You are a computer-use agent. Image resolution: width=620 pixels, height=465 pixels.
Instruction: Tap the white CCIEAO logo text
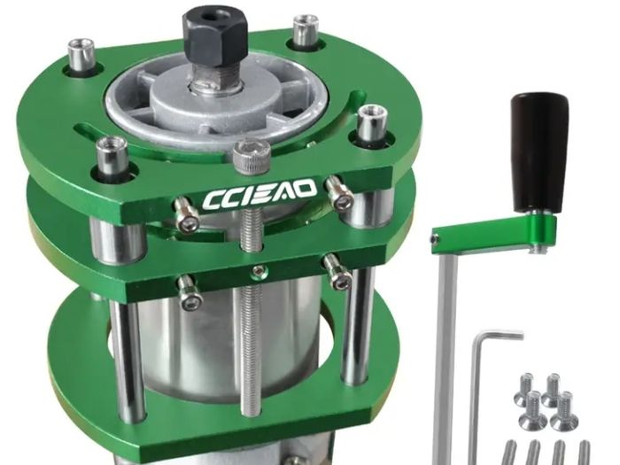tap(260, 194)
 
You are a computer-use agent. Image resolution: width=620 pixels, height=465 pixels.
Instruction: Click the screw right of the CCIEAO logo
tap(338, 192)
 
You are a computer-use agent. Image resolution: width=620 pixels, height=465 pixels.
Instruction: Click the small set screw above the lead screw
tap(259, 271)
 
